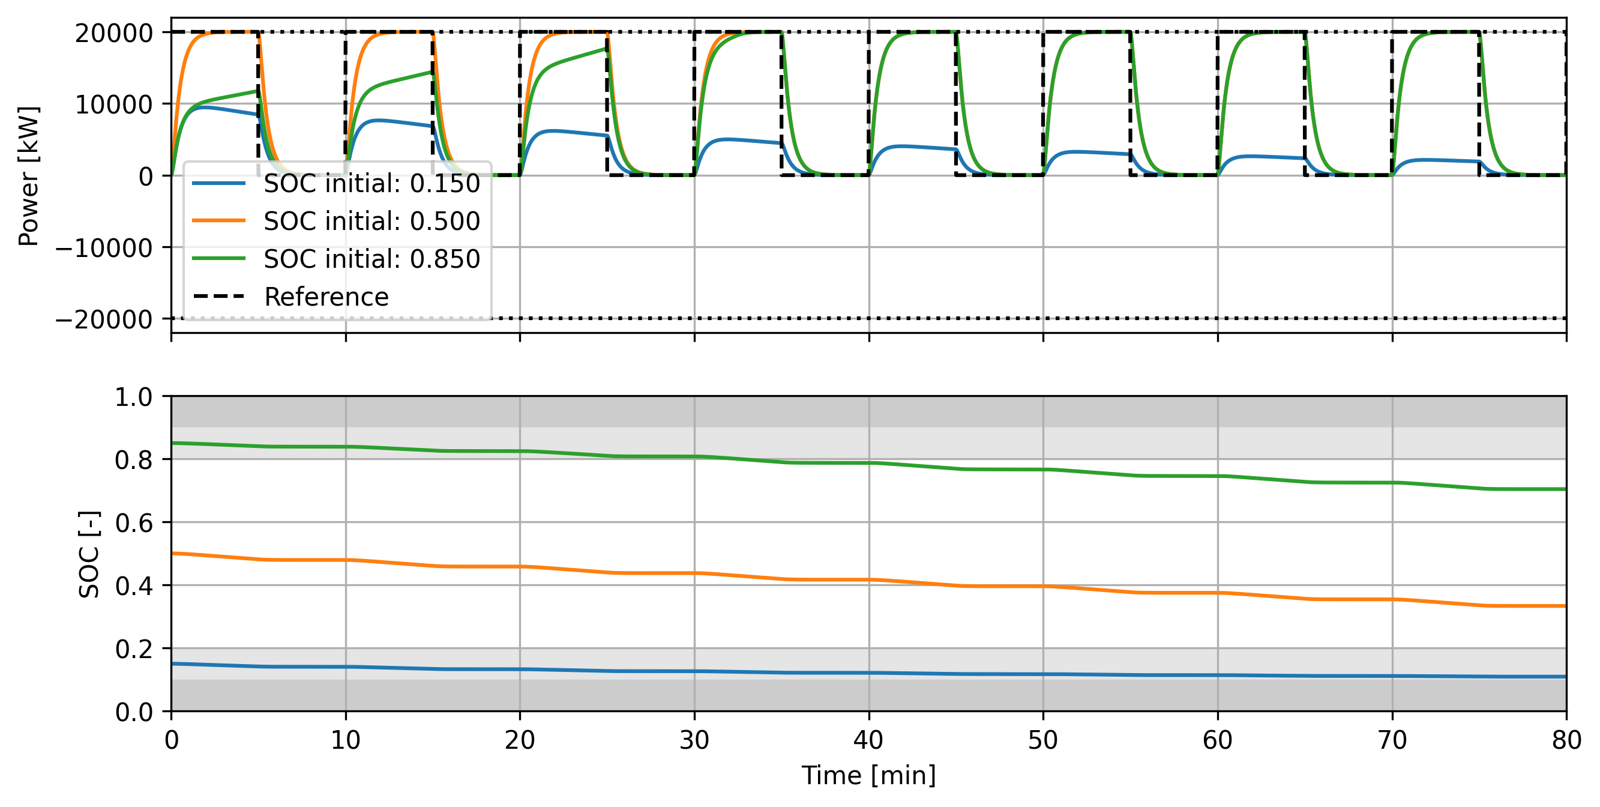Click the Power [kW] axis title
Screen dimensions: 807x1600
(29, 176)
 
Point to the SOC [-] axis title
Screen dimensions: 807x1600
(89, 555)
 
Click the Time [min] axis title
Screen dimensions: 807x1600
(868, 776)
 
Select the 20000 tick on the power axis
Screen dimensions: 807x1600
(113, 33)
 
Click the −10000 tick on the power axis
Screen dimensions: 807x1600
(104, 248)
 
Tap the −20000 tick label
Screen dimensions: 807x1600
(104, 319)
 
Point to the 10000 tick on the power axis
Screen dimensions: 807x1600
(113, 104)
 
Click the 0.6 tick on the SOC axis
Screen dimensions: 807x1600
(134, 523)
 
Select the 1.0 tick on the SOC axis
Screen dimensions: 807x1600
(134, 397)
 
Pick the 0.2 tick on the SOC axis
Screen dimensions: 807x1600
(134, 649)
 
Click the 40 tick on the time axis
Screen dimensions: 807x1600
(868, 740)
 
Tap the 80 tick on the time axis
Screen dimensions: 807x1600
(1566, 740)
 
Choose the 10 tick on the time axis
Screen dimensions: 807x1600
(345, 740)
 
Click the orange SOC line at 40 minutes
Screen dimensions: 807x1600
(869, 580)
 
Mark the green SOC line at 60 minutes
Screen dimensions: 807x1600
(1217, 477)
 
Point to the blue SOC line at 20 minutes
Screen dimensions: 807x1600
(520, 669)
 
